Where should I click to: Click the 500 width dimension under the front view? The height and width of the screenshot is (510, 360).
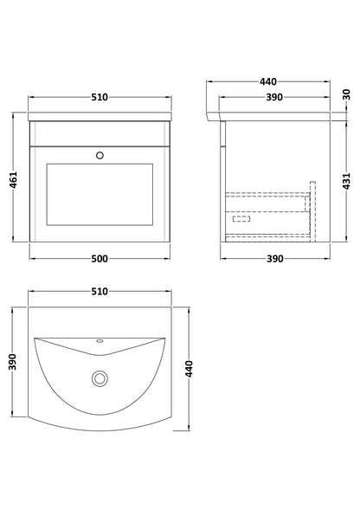click(x=100, y=259)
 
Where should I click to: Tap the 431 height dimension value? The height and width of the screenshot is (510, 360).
click(x=346, y=179)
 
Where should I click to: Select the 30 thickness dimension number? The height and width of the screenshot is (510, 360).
click(x=346, y=94)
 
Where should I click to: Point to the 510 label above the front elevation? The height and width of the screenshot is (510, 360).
click(x=100, y=96)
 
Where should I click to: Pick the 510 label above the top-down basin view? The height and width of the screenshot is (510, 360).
click(x=100, y=293)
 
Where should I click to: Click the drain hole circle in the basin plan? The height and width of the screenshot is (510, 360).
click(x=101, y=378)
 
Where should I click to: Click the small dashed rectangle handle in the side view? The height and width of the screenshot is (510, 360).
click(x=239, y=219)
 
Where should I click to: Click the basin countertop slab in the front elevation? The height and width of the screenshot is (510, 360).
click(x=100, y=115)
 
